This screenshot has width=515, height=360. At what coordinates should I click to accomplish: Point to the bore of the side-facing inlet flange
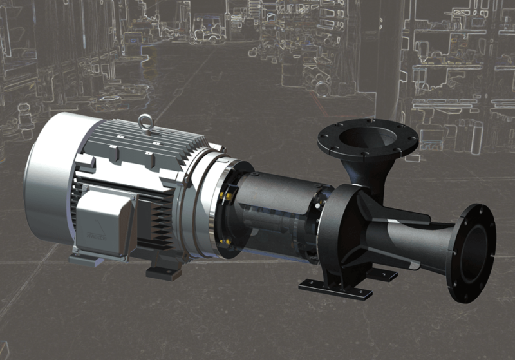[x=476, y=251]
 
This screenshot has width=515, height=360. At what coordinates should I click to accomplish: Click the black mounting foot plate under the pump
[x=335, y=289]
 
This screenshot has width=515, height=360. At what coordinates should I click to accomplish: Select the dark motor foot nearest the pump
[x=165, y=270]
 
